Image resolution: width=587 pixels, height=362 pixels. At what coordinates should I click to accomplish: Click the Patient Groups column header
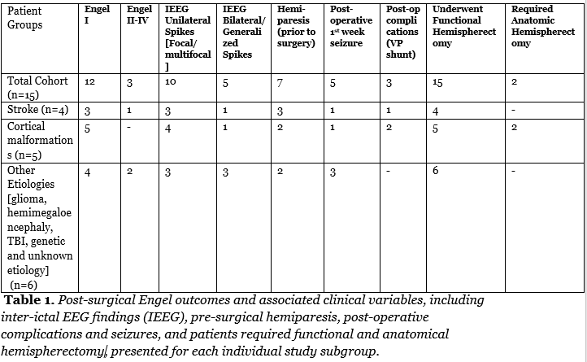[x=24, y=19]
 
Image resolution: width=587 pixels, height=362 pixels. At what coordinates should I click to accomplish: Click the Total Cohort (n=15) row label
[x=37, y=87]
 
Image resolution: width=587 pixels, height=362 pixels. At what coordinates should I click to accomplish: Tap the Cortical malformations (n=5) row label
[x=39, y=139]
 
